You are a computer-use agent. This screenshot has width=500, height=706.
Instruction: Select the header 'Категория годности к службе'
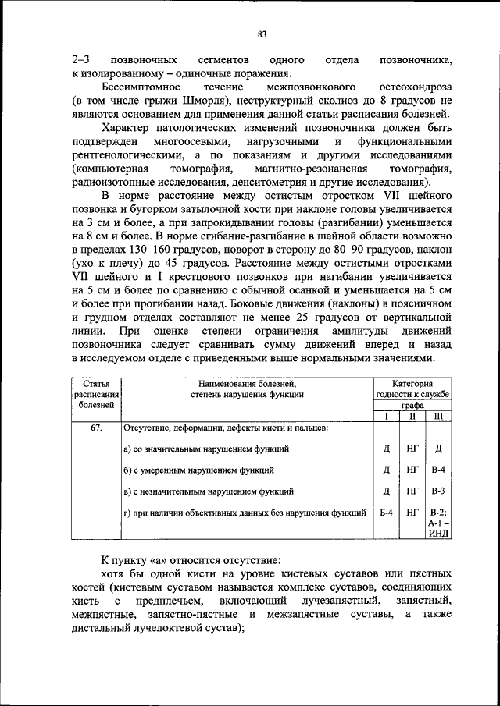tap(412, 389)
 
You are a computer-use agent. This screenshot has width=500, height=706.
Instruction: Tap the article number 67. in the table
tap(96, 428)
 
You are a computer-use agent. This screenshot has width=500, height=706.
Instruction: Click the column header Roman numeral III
tap(438, 417)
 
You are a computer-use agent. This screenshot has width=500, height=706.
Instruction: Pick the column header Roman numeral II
tap(412, 417)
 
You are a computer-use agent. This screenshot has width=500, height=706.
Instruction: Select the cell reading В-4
tap(438, 470)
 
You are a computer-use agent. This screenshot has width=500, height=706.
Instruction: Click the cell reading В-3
tap(438, 491)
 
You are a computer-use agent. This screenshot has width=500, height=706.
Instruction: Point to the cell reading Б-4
tap(385, 513)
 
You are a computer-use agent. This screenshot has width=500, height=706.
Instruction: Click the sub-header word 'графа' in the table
tap(412, 406)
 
